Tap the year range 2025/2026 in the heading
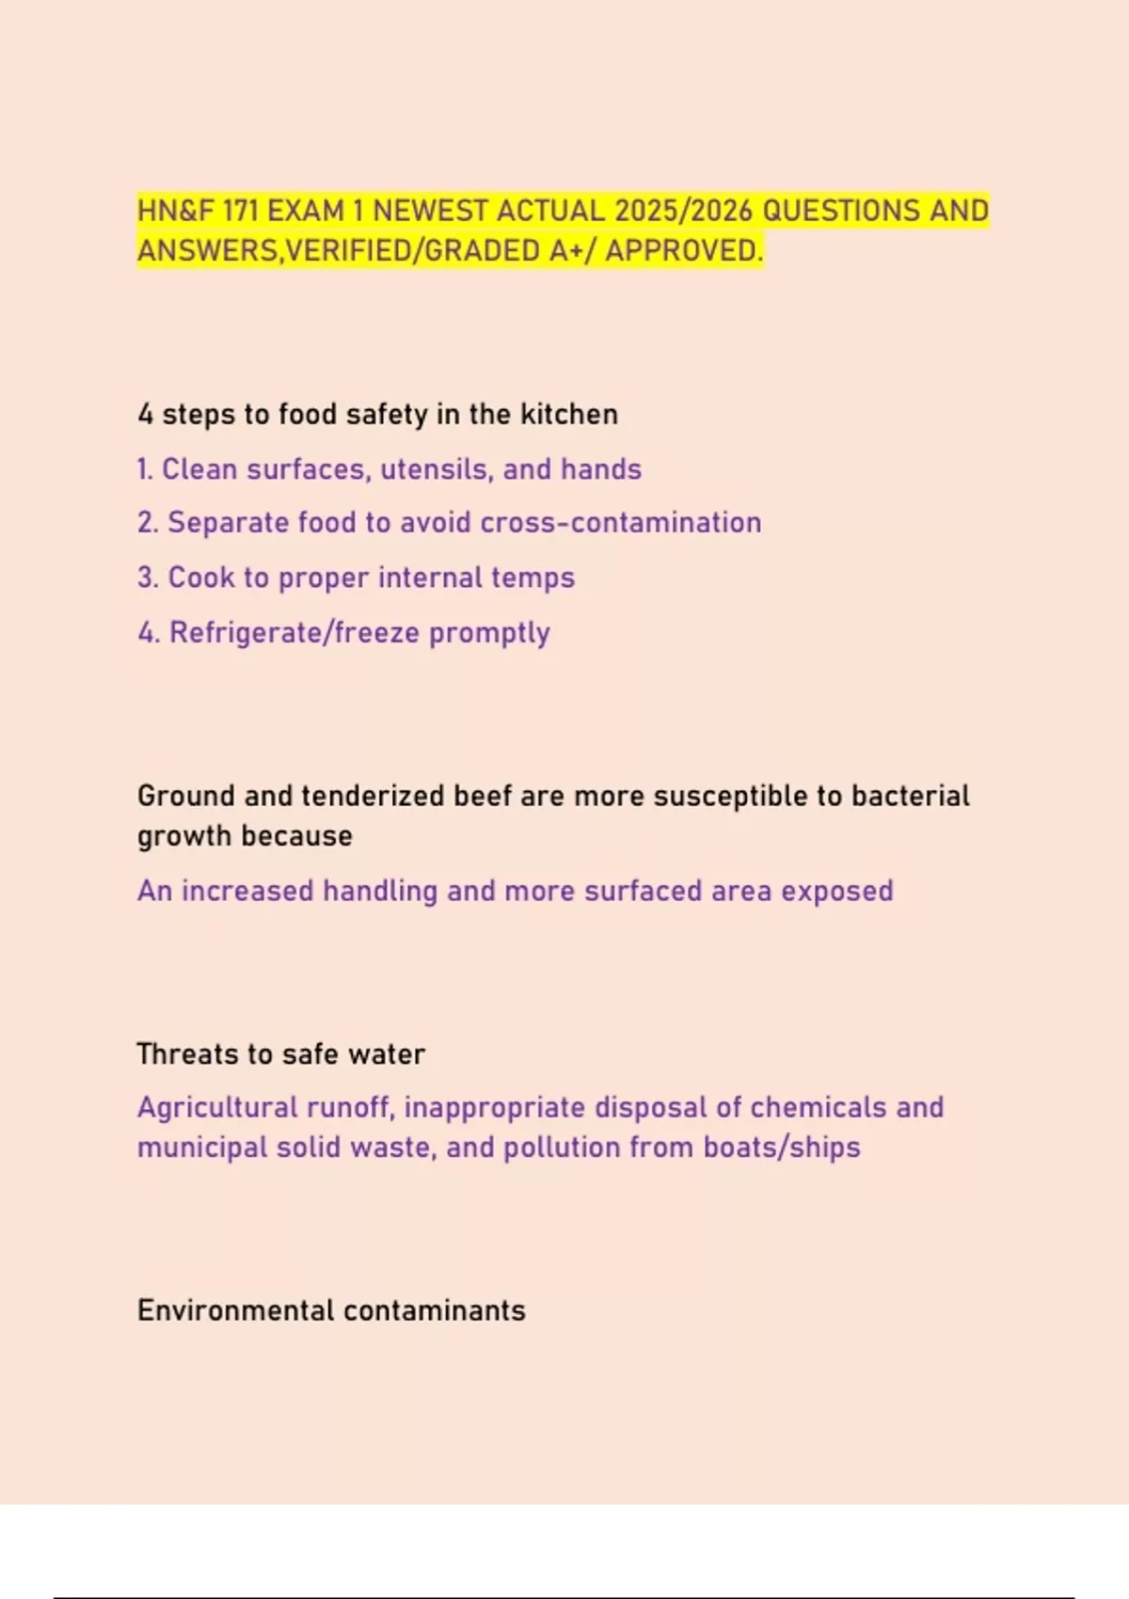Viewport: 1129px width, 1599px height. tap(683, 211)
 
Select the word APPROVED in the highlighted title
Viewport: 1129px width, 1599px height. tap(684, 251)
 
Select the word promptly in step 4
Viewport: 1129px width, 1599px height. tap(489, 634)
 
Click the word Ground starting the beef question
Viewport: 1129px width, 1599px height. tap(186, 797)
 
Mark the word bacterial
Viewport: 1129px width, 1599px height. tap(910, 797)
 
